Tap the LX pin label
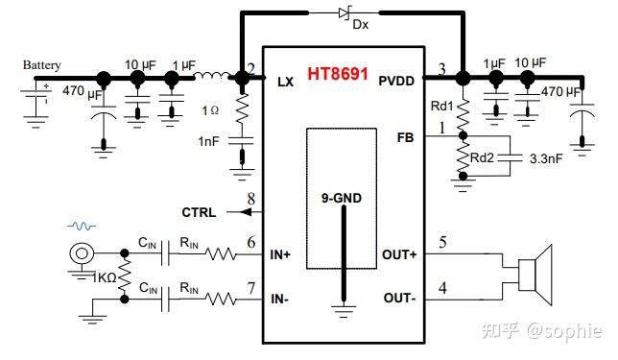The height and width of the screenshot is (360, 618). coord(285,82)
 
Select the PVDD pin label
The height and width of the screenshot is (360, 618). coord(396,82)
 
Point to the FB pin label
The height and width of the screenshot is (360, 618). coord(405,136)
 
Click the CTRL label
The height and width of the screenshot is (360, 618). coord(199,212)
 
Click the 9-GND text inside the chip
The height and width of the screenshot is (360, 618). coord(341,199)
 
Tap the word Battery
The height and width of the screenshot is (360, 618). coord(42,65)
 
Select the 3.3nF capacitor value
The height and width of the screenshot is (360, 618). coord(547,160)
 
